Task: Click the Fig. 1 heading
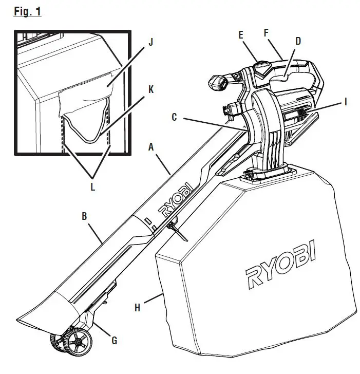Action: coord(27,11)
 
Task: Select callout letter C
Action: coord(175,118)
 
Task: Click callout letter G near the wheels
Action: coord(115,340)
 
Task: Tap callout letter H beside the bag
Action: coord(137,308)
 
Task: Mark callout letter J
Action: coord(150,43)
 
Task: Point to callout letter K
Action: coord(150,89)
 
